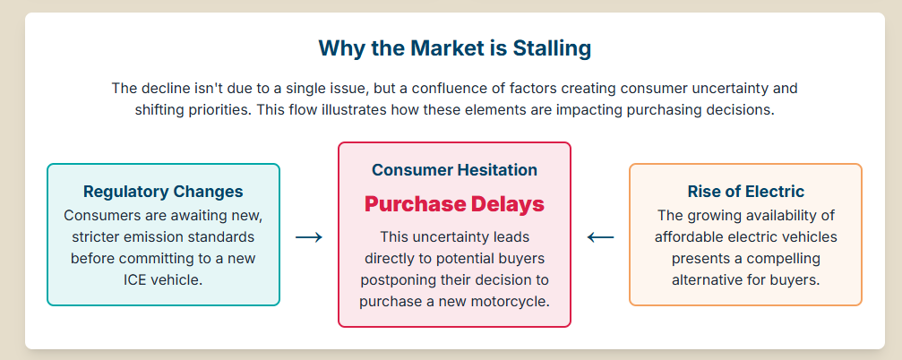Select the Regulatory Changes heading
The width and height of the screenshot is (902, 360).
163,191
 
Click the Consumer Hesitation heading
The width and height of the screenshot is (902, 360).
454,169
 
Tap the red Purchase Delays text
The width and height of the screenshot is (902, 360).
454,203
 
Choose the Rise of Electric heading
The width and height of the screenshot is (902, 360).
745,191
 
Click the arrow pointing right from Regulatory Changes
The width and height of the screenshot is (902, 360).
309,237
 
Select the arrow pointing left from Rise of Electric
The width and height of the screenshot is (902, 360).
600,237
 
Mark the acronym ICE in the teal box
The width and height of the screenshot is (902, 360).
136,280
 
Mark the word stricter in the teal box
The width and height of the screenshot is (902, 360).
95,237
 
